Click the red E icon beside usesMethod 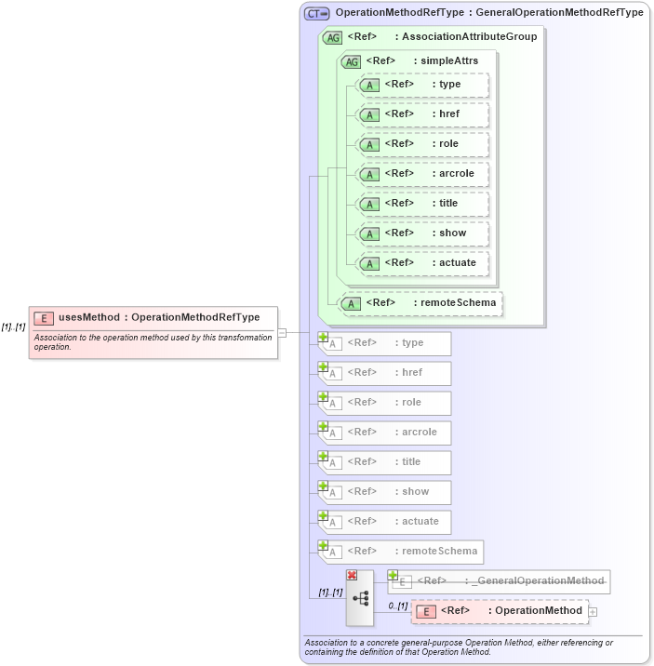point(44,317)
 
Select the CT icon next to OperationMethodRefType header point(317,13)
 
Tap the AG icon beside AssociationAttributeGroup point(332,37)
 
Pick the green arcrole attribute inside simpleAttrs point(423,173)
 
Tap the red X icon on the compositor point(352,576)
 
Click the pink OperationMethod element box point(500,611)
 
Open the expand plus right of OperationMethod point(593,611)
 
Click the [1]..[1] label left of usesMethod point(13,326)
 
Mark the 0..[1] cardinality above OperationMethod point(397,606)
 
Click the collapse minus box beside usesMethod point(282,332)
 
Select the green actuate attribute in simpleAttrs point(423,262)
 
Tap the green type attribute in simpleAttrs point(423,84)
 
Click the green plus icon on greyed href point(324,367)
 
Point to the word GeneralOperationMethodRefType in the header point(567,13)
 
